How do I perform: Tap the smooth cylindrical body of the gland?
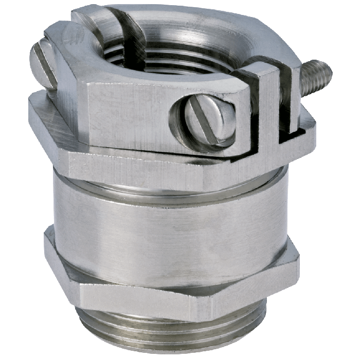[170, 221]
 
